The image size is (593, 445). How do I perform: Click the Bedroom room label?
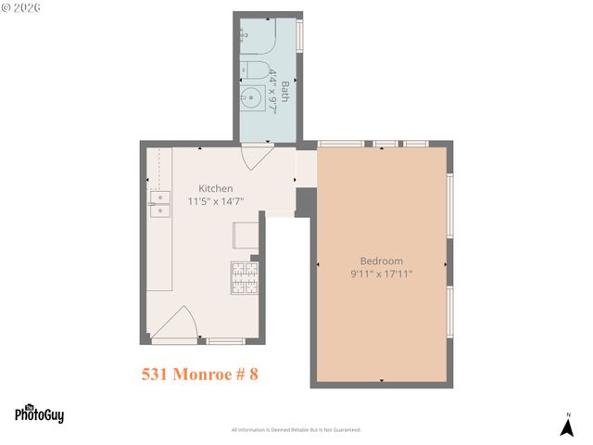[x=381, y=261]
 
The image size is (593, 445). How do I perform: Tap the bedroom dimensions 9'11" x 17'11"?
[x=381, y=273]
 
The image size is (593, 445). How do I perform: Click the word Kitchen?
[x=216, y=188]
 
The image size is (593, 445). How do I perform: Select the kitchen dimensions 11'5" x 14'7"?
[x=216, y=200]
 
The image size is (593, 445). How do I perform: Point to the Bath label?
[x=285, y=92]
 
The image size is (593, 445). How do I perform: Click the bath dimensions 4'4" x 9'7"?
[x=273, y=92]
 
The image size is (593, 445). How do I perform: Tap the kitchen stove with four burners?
[x=244, y=277]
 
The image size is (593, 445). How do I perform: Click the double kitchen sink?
[x=160, y=204]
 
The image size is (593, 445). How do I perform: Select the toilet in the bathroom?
[x=255, y=69]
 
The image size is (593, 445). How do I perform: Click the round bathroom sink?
[x=253, y=97]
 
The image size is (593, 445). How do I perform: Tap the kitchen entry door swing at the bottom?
[x=176, y=324]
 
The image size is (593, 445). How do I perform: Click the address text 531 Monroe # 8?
[x=199, y=375]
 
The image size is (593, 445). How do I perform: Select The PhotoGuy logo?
[x=39, y=413]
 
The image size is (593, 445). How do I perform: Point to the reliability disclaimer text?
[x=296, y=430]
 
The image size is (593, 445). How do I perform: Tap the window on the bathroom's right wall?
[x=300, y=36]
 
